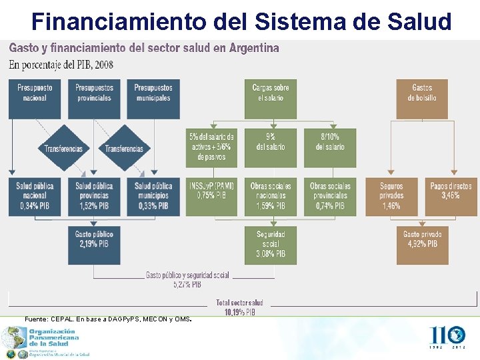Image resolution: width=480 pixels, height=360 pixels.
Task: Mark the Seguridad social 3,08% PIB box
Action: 271,245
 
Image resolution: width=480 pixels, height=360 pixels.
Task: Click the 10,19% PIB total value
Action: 239,311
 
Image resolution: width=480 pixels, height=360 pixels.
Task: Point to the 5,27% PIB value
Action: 187,285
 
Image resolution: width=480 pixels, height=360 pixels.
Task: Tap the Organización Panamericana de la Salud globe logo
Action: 13,339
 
